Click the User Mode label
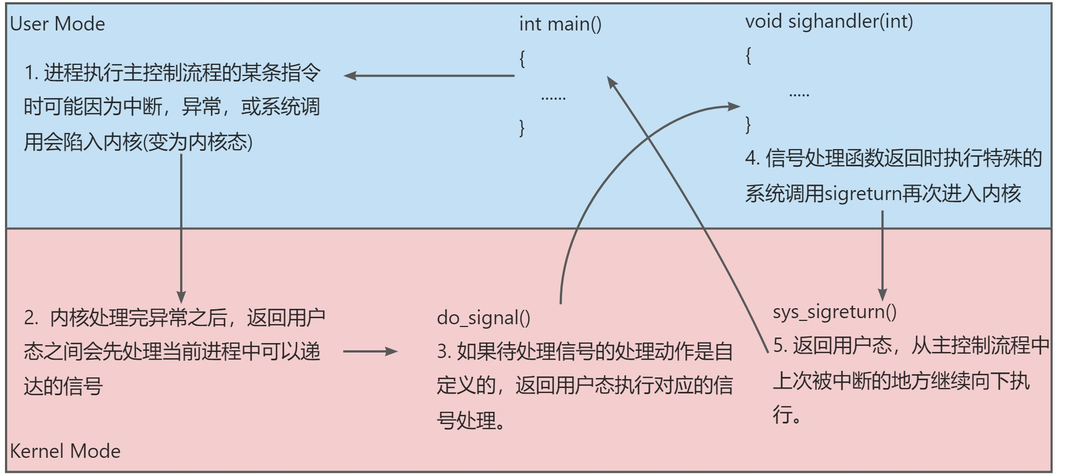(58, 24)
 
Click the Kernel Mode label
(65, 451)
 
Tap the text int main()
(560, 24)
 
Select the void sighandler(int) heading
(829, 22)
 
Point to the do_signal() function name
(483, 318)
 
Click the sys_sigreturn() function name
(834, 311)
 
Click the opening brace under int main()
(522, 58)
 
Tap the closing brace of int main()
(522, 127)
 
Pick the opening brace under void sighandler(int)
(748, 55)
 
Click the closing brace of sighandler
(748, 124)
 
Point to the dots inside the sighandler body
(799, 95)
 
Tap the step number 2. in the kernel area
(31, 318)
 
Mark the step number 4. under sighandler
(752, 159)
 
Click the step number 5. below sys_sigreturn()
(780, 346)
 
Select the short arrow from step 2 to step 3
(370, 351)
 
